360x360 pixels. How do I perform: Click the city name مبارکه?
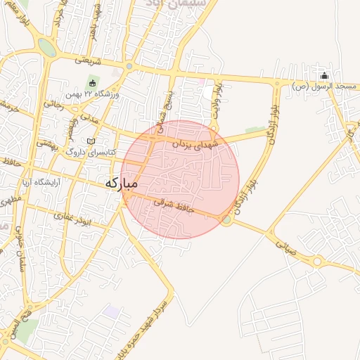[121, 183]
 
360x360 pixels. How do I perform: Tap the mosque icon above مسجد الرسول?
[324, 76]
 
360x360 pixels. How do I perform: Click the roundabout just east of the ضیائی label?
[317, 262]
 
